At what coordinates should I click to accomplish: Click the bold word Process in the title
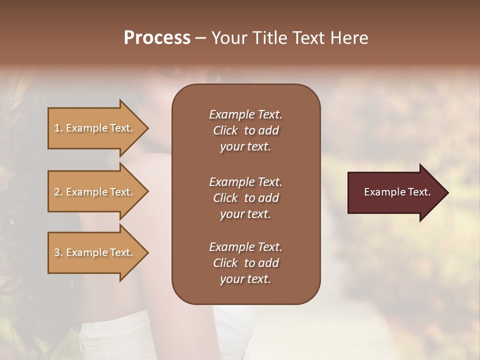157,38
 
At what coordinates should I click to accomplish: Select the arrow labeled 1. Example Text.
93,128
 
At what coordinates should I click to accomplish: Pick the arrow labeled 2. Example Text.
93,192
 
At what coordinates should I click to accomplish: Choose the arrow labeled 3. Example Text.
93,252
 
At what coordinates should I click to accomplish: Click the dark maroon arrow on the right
390,192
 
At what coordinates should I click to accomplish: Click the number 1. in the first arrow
58,128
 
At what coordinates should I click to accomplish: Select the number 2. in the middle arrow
58,192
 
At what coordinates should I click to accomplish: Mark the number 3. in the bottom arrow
58,252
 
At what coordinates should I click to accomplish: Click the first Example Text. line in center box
245,114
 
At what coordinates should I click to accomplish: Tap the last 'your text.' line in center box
245,279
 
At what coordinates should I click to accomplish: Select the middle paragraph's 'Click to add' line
245,198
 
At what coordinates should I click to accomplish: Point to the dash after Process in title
200,38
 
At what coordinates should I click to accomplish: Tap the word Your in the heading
228,38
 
